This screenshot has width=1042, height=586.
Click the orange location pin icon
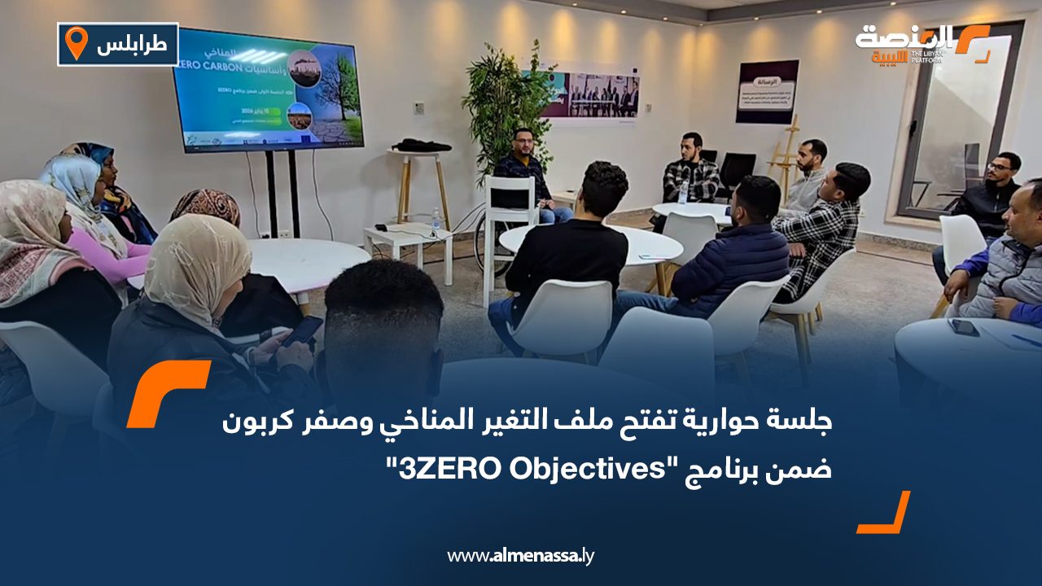pos(76,43)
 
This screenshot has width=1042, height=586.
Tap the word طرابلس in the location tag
pos(132,45)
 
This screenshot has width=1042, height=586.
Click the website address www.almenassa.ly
pos(521,556)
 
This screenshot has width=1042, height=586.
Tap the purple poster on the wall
pos(767,91)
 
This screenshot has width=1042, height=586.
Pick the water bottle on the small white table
pos(436,219)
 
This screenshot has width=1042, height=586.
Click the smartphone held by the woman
pos(303,330)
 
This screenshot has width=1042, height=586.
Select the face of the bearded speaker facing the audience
pos(523,144)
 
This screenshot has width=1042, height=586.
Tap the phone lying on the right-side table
pos(964,326)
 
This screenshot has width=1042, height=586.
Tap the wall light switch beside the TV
pos(418,108)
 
